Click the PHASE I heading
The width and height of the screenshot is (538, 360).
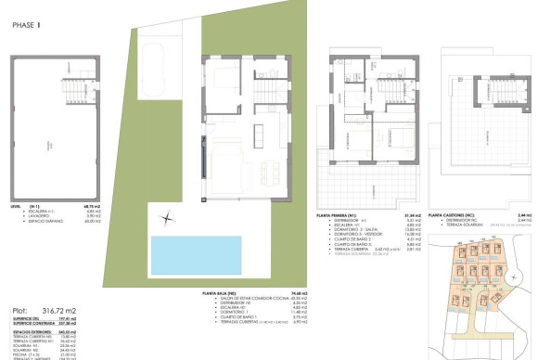click(x=27, y=27)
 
